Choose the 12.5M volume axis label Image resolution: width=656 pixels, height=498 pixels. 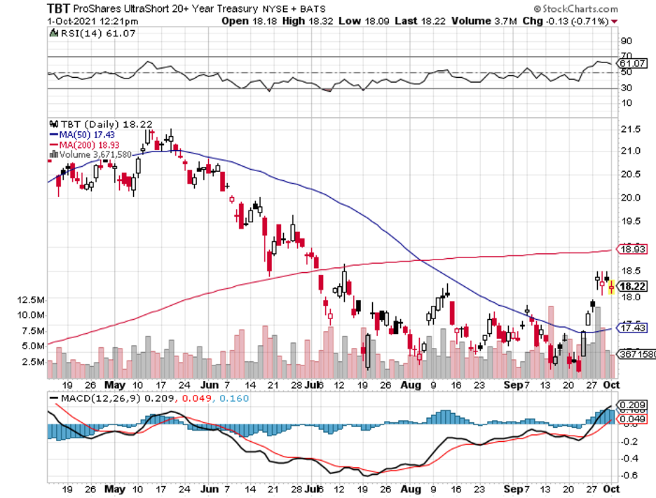click(x=32, y=300)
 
